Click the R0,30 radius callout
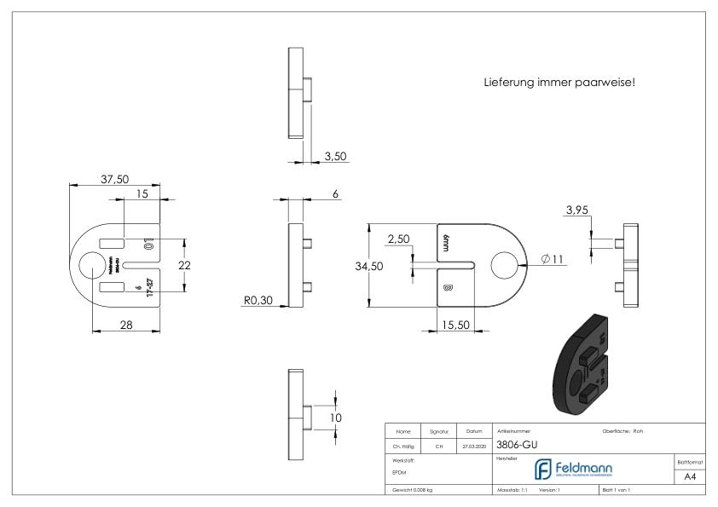[258, 300]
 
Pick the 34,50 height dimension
[368, 266]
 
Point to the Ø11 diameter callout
[551, 258]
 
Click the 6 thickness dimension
[335, 194]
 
